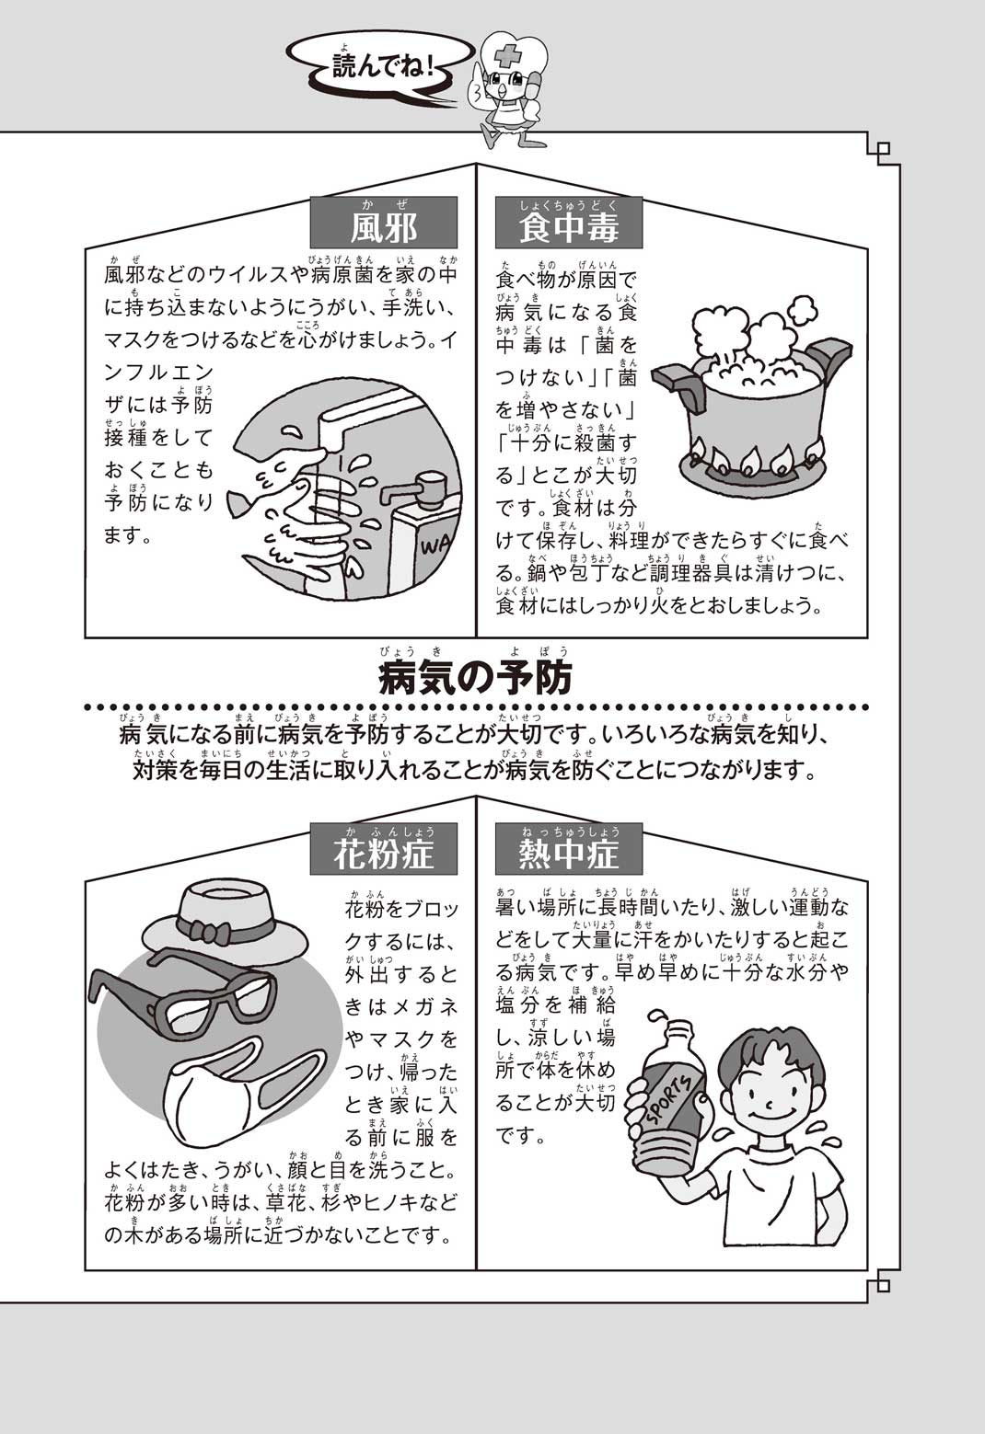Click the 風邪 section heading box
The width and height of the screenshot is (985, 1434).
pos(383,223)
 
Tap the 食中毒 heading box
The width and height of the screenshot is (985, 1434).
pos(568,223)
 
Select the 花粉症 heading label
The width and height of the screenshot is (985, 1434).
pos(383,849)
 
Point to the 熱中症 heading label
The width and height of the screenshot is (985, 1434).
pos(568,849)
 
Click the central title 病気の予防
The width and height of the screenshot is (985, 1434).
pos(476,678)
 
